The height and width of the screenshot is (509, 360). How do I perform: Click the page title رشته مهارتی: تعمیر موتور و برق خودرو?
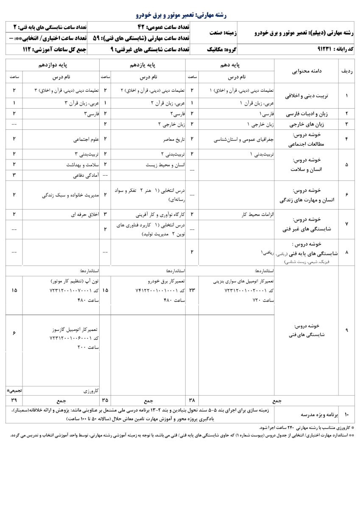click(181, 15)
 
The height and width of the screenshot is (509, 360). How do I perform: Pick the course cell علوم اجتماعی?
click(85, 139)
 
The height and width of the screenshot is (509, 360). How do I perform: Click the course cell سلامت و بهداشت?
click(82, 164)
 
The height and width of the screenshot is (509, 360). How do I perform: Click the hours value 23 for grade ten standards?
click(192, 290)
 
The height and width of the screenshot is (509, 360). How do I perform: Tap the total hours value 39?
click(14, 400)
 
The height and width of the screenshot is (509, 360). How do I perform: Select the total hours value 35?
click(105, 400)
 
